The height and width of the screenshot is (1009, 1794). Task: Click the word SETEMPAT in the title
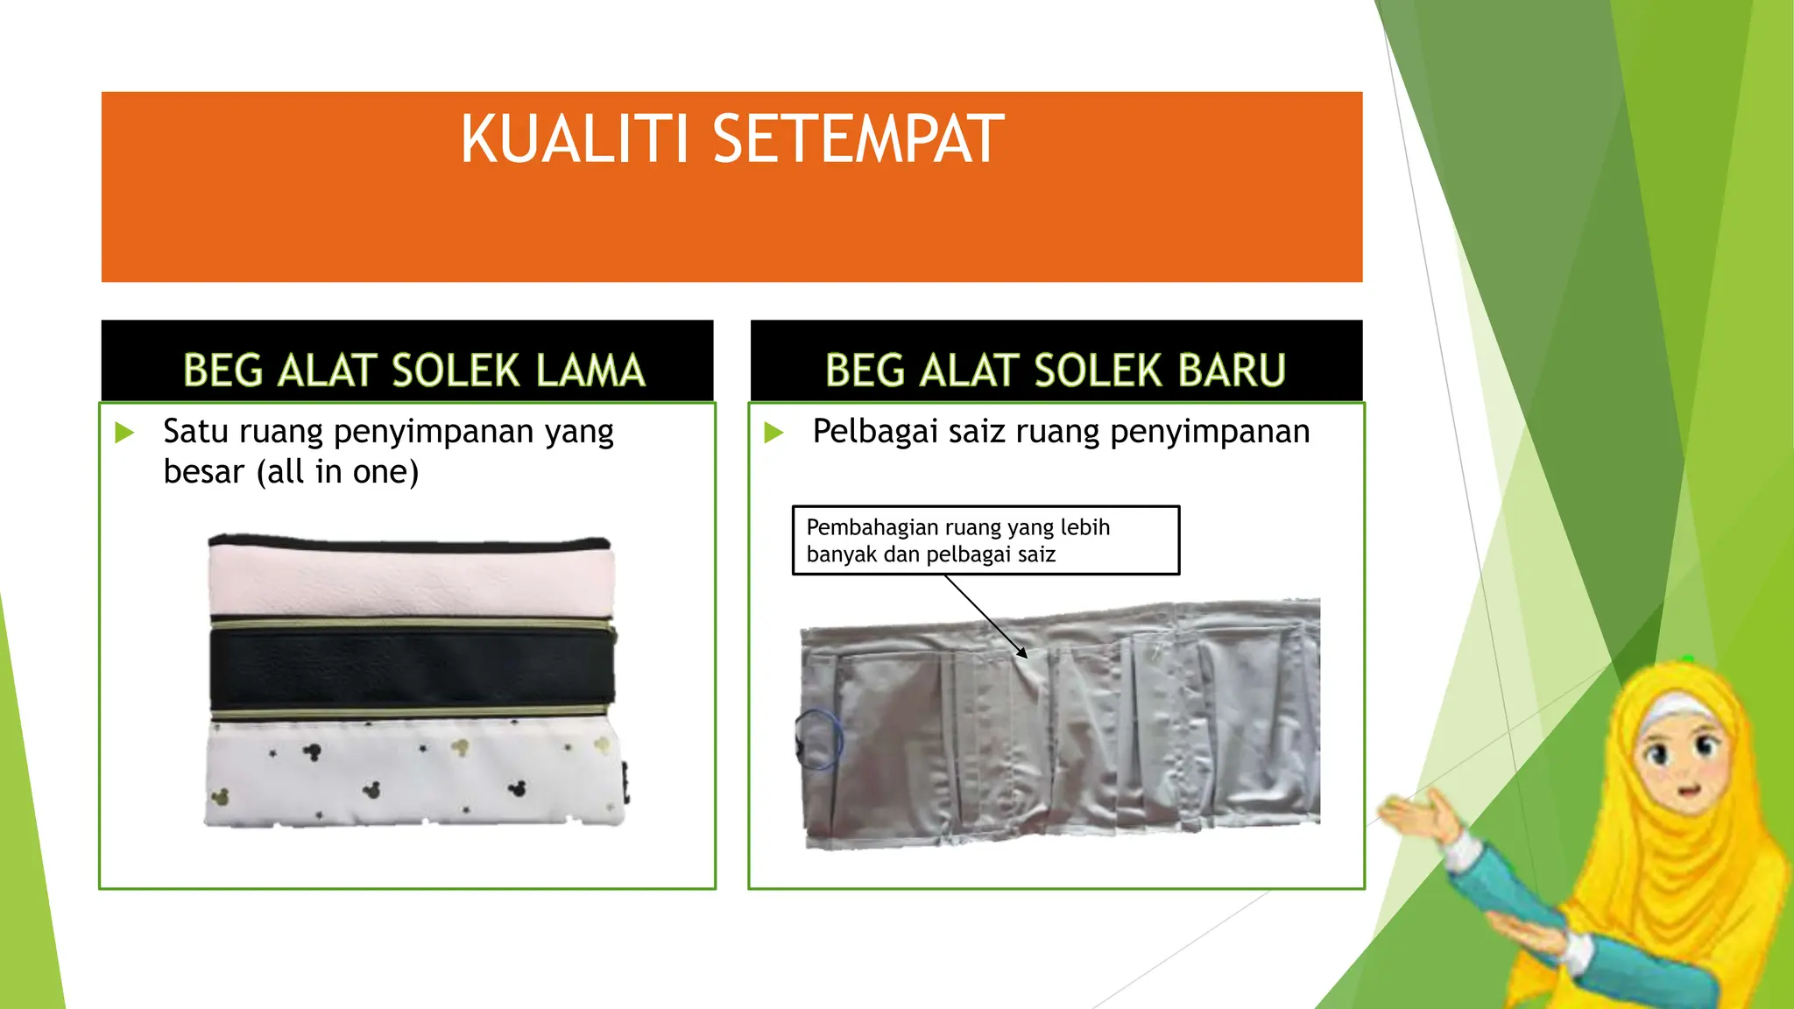(858, 140)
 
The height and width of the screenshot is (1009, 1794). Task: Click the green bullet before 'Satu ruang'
(125, 432)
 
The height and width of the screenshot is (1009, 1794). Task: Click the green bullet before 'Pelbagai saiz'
(773, 432)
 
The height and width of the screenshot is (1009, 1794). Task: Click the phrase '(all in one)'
(338, 472)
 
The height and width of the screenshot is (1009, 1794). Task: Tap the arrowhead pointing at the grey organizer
(1021, 653)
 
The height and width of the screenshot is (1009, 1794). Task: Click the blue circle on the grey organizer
(818, 740)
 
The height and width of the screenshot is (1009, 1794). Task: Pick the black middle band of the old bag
(412, 668)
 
